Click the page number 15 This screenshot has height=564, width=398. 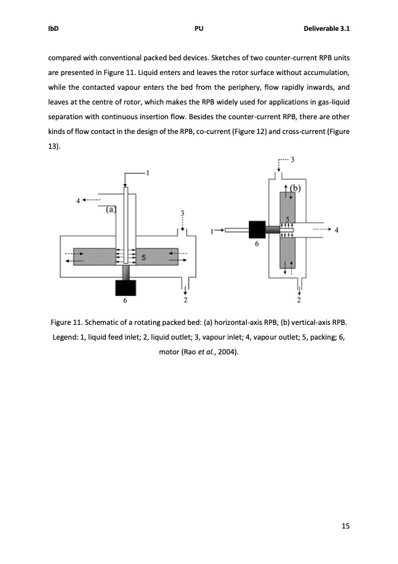345,525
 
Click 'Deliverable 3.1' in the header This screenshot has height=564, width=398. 326,29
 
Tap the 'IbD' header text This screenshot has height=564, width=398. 53,29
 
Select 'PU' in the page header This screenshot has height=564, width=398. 199,29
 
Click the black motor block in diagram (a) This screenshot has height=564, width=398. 126,287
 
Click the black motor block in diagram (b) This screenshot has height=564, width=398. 258,229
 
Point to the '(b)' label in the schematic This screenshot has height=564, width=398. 295,188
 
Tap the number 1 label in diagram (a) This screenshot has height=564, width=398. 148,172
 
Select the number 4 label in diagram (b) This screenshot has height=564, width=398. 336,230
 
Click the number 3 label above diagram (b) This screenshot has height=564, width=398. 292,159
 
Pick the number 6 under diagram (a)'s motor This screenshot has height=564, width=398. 125,301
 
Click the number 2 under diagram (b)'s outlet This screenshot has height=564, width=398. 298,299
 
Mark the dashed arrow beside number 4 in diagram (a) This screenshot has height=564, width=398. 92,200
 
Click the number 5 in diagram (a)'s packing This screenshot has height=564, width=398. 143,257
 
